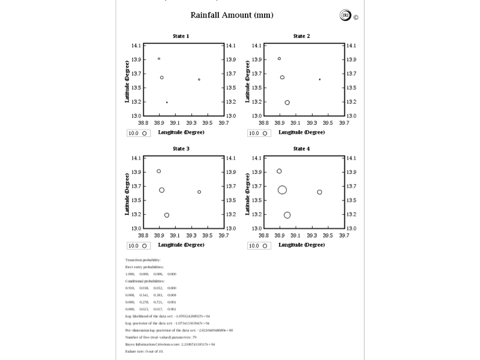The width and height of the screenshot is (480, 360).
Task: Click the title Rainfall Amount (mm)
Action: coord(232,15)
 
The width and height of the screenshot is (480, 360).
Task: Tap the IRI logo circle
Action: coord(345,16)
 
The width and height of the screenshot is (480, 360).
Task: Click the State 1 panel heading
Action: coord(181,36)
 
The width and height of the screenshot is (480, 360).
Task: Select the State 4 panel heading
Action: coord(301,149)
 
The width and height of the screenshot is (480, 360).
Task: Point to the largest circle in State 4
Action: coord(282,190)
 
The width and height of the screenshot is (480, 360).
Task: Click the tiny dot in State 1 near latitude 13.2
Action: coord(167,103)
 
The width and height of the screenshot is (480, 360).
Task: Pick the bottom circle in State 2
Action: coord(287,103)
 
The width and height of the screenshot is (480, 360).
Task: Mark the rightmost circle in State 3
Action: coord(199,192)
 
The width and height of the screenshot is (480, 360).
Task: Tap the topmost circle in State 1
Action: coord(159,59)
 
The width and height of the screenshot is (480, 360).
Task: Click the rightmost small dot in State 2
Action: coord(320,79)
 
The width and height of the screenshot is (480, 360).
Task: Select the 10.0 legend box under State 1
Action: coord(137,133)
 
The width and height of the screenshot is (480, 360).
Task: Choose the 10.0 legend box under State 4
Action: coord(258,245)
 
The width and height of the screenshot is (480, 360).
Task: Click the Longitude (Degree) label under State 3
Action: coord(181,245)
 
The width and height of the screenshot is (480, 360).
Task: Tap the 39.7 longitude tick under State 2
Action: coord(344,122)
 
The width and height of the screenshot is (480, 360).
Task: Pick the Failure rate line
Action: coord(144,351)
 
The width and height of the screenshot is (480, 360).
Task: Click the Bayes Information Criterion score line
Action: coord(170,344)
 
